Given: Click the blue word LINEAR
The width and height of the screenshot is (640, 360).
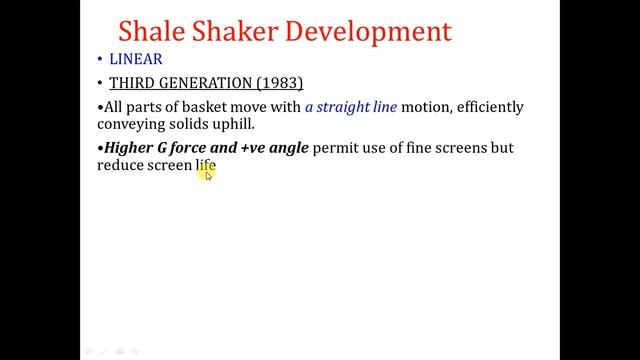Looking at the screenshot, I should (x=135, y=59).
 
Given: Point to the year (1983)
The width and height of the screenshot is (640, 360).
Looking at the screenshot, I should (x=275, y=82).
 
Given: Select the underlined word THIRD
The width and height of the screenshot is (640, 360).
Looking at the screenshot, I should (x=130, y=82).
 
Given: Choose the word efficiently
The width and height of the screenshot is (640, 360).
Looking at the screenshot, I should (x=490, y=107).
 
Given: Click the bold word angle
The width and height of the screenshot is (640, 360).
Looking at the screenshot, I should (x=289, y=148).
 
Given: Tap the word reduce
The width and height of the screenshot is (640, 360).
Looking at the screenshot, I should (x=121, y=165).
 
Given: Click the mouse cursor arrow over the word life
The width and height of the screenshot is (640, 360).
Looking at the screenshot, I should (x=208, y=174).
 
